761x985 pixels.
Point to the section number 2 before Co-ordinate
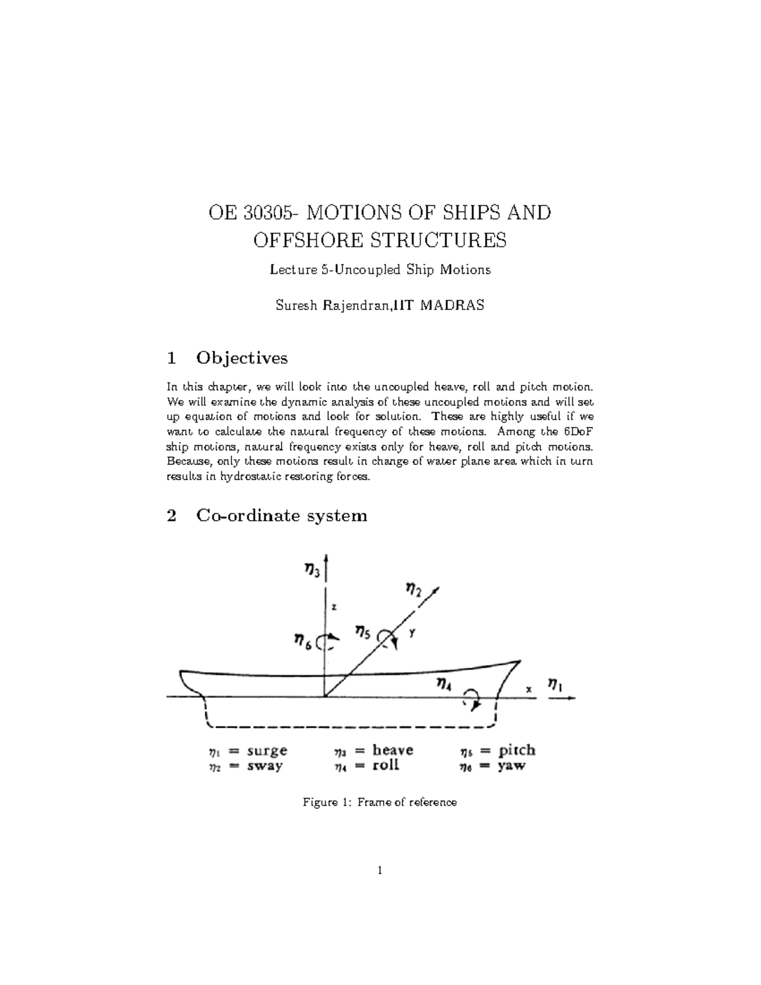pos(171,515)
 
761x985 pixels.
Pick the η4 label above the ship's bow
pos(445,683)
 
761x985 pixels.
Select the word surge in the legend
pos(267,750)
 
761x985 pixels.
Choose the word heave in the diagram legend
pos(393,750)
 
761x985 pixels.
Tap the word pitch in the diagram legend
pos(517,750)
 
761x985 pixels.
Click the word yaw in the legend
pos(512,766)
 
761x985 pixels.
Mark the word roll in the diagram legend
pos(386,765)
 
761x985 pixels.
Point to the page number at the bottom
pos(380,871)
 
